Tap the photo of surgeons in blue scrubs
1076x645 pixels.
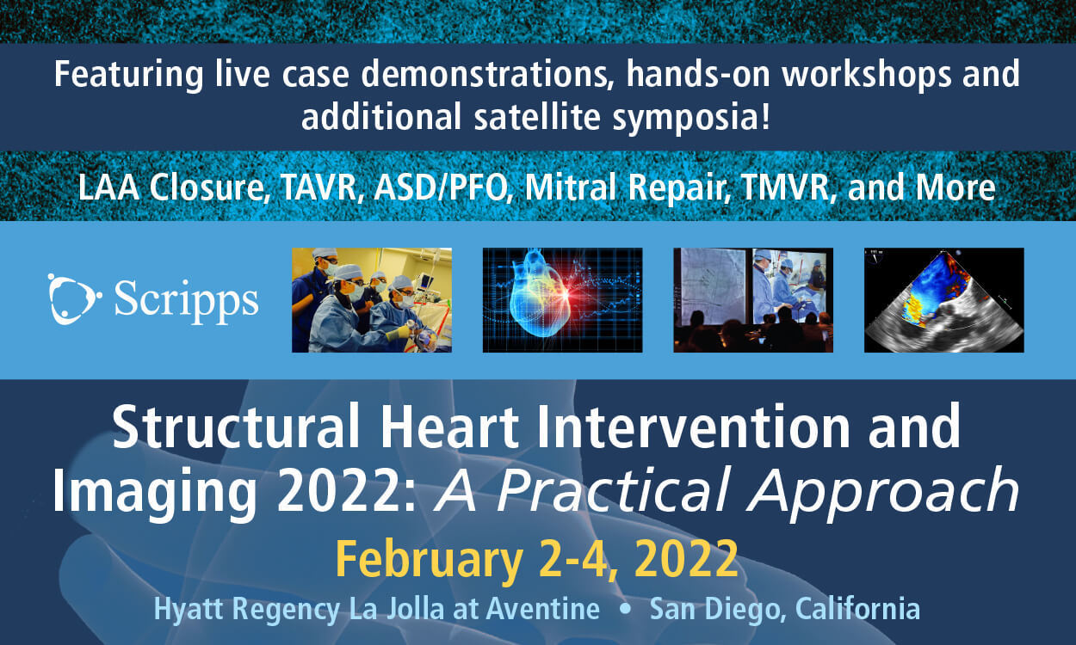371,300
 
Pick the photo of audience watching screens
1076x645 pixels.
752,300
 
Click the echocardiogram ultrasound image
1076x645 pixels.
943,300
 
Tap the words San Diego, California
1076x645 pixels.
784,609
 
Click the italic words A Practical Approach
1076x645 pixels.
727,491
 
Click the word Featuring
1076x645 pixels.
128,76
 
